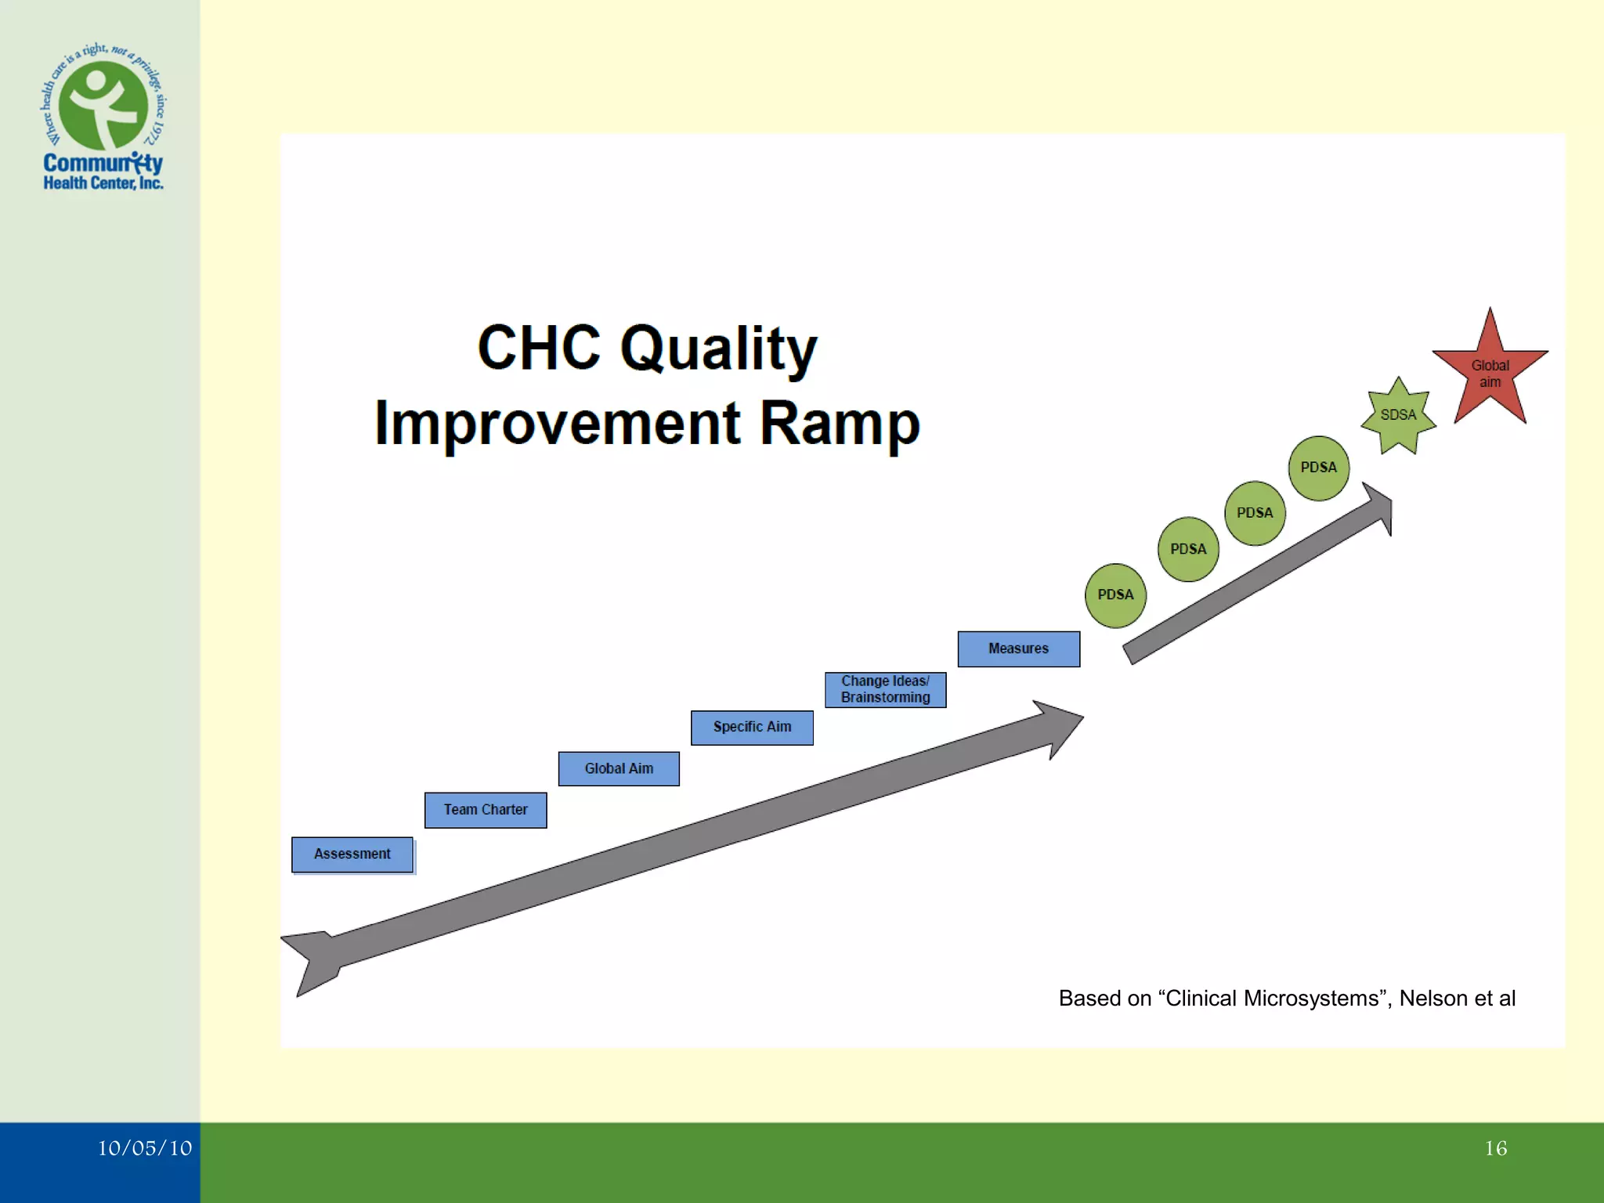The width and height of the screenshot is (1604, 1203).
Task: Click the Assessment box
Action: [352, 854]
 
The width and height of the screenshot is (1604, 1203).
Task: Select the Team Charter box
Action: [486, 809]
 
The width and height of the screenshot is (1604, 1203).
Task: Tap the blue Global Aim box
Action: [619, 768]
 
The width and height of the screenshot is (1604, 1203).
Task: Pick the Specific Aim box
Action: [752, 727]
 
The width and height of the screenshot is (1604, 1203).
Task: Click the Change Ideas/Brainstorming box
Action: [885, 689]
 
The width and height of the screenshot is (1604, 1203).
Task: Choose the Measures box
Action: [1018, 648]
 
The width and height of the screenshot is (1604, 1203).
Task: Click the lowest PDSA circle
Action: [1115, 595]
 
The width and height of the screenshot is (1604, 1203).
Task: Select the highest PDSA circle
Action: [1319, 468]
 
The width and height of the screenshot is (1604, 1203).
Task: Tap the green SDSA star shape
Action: [1398, 415]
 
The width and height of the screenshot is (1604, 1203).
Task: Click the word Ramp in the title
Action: [840, 423]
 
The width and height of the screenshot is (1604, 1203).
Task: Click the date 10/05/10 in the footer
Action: [145, 1148]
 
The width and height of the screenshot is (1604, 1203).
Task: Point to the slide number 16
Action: [1495, 1148]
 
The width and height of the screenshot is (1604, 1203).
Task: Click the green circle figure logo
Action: [103, 106]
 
